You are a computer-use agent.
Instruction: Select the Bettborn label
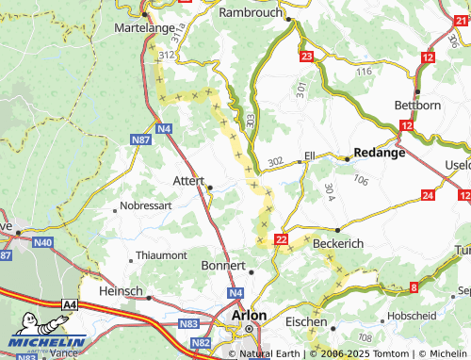[419, 105]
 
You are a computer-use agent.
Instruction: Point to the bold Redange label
[379, 152]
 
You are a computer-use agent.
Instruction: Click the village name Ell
[309, 155]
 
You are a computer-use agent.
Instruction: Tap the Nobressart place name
[148, 205]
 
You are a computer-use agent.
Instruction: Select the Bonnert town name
[223, 267]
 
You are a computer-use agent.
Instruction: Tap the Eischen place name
[306, 321]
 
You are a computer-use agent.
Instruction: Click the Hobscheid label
[408, 316]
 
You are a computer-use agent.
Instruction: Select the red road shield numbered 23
[306, 57]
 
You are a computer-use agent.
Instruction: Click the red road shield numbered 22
[281, 240]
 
